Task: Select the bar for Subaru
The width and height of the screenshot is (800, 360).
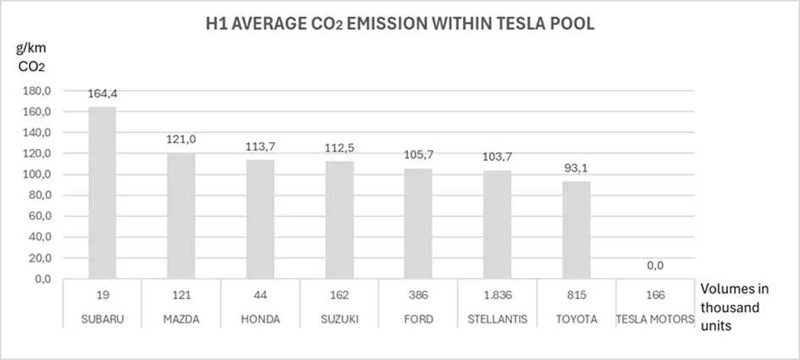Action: point(102,193)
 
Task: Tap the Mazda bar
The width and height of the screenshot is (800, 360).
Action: point(181,216)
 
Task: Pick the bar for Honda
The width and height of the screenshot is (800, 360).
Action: point(260,219)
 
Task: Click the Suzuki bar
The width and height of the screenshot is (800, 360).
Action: point(339,220)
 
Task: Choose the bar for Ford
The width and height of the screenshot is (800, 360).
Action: point(417,224)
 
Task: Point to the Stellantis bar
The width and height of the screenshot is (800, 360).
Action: point(497,224)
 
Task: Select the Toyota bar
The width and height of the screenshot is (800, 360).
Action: point(576,230)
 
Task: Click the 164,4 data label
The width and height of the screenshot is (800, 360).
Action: point(102,94)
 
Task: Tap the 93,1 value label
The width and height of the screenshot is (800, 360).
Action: point(576,168)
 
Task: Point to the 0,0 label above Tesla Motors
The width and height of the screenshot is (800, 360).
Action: point(654,265)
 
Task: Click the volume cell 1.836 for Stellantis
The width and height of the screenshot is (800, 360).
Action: point(497,296)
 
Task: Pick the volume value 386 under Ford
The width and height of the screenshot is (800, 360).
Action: point(417,296)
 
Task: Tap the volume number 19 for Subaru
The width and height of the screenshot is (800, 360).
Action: point(102,296)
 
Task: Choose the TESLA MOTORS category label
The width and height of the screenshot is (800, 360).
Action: point(654,318)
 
